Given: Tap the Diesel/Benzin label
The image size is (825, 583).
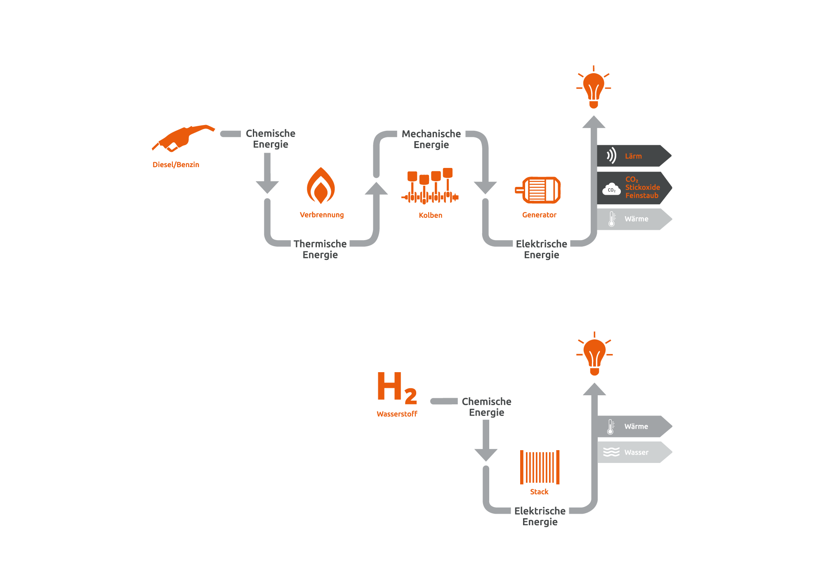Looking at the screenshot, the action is tap(176, 165).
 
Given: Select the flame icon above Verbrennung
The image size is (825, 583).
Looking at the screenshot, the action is tap(321, 186).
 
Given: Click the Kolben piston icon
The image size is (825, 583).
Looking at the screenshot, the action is tap(430, 186).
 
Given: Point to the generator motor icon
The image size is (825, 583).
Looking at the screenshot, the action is tap(538, 190).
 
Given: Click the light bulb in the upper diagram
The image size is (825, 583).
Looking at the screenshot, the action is tap(594, 87).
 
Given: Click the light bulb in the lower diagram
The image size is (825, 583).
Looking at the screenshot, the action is tap(594, 354).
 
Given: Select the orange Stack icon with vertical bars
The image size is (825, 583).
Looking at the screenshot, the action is tap(540, 467).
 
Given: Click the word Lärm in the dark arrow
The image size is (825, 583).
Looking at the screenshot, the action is tap(633, 156).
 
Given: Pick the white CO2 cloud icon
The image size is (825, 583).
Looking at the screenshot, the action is tap(611, 189).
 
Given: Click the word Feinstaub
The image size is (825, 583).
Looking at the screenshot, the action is tap(642, 196).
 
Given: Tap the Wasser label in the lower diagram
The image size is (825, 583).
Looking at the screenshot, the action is tap(636, 452).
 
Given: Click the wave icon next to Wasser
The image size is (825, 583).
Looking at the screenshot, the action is tap(611, 452).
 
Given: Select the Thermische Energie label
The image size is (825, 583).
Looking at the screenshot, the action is tap(320, 249).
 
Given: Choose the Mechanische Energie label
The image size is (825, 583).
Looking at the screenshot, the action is tap(431, 139).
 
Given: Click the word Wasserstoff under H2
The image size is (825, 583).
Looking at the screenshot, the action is tap(397, 414).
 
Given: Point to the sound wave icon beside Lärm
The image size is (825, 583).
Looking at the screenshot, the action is tap(611, 156).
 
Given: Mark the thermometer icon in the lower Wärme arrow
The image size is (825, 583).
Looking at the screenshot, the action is tap(610, 427).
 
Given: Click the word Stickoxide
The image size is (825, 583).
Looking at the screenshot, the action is tap(643, 187).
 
